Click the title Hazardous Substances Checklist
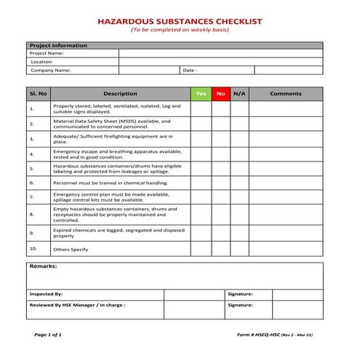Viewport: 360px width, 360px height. click(x=180, y=22)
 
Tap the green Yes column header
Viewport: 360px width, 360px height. click(x=201, y=94)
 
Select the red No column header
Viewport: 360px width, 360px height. click(x=221, y=94)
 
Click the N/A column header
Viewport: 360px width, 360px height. click(x=239, y=94)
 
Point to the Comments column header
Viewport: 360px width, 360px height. click(x=285, y=94)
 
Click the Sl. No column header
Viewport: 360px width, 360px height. click(x=38, y=94)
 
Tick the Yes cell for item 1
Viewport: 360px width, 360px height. click(x=201, y=109)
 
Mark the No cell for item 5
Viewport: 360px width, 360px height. click(x=221, y=169)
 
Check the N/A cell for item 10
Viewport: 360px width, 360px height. click(x=239, y=249)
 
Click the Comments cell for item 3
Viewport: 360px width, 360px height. click(x=285, y=138)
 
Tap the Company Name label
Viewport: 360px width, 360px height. click(x=50, y=71)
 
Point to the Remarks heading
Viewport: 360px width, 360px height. click(x=43, y=267)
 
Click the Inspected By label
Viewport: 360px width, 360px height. click(x=46, y=294)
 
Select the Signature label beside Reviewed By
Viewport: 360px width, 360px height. click(x=240, y=305)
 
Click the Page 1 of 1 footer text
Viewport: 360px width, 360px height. click(x=48, y=335)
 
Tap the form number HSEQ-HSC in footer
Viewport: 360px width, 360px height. click(x=258, y=335)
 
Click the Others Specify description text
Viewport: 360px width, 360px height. click(x=70, y=249)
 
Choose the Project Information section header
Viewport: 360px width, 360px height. click(x=57, y=45)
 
